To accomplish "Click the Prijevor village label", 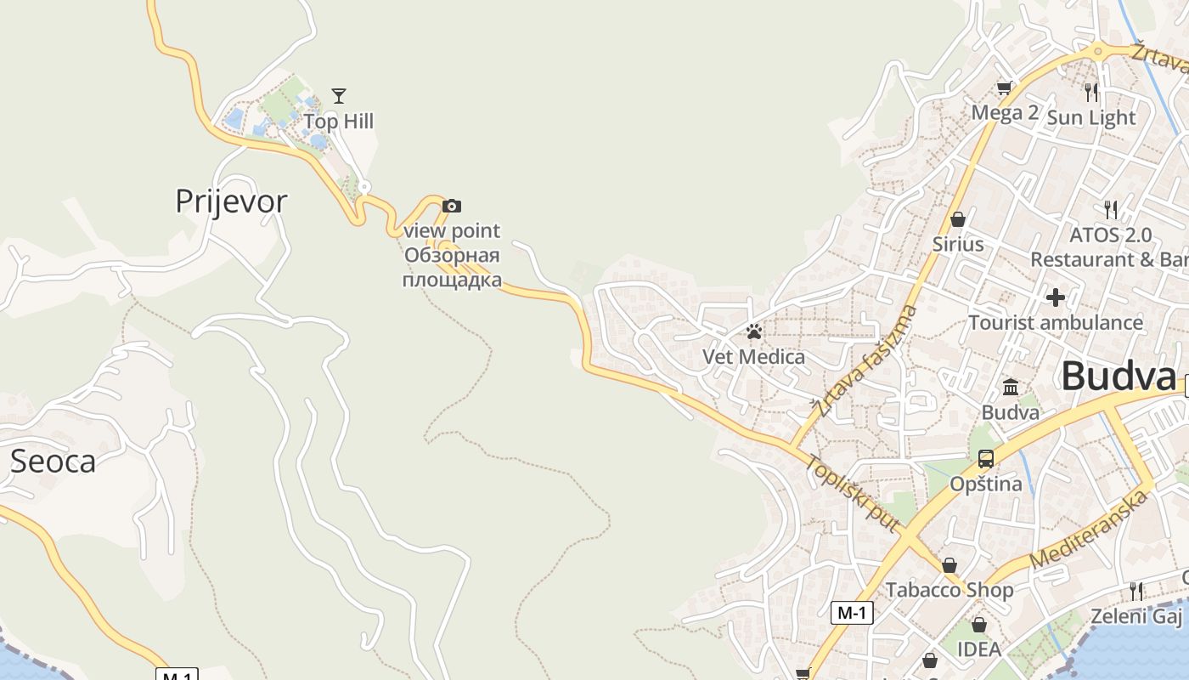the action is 231,201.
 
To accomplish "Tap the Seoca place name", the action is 53,461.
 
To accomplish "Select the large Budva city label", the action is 1118,377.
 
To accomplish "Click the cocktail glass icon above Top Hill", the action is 339,95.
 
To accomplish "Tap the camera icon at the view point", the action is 452,206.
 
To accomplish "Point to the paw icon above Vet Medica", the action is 753,331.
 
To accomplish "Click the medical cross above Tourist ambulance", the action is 1055,297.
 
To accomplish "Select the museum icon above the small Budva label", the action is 1011,388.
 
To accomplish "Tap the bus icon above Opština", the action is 985,459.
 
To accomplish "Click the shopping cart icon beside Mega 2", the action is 1005,88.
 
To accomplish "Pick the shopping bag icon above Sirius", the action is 958,219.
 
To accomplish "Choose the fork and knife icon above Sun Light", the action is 1091,92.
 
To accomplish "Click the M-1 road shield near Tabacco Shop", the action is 852,612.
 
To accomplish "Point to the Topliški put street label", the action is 852,494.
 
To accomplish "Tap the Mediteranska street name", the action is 1089,531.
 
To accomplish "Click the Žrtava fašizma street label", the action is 865,362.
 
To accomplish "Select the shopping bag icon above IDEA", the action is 979,625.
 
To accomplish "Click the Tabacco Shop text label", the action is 950,590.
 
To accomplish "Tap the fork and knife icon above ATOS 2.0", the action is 1110,209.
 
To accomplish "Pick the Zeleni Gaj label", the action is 1135,616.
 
